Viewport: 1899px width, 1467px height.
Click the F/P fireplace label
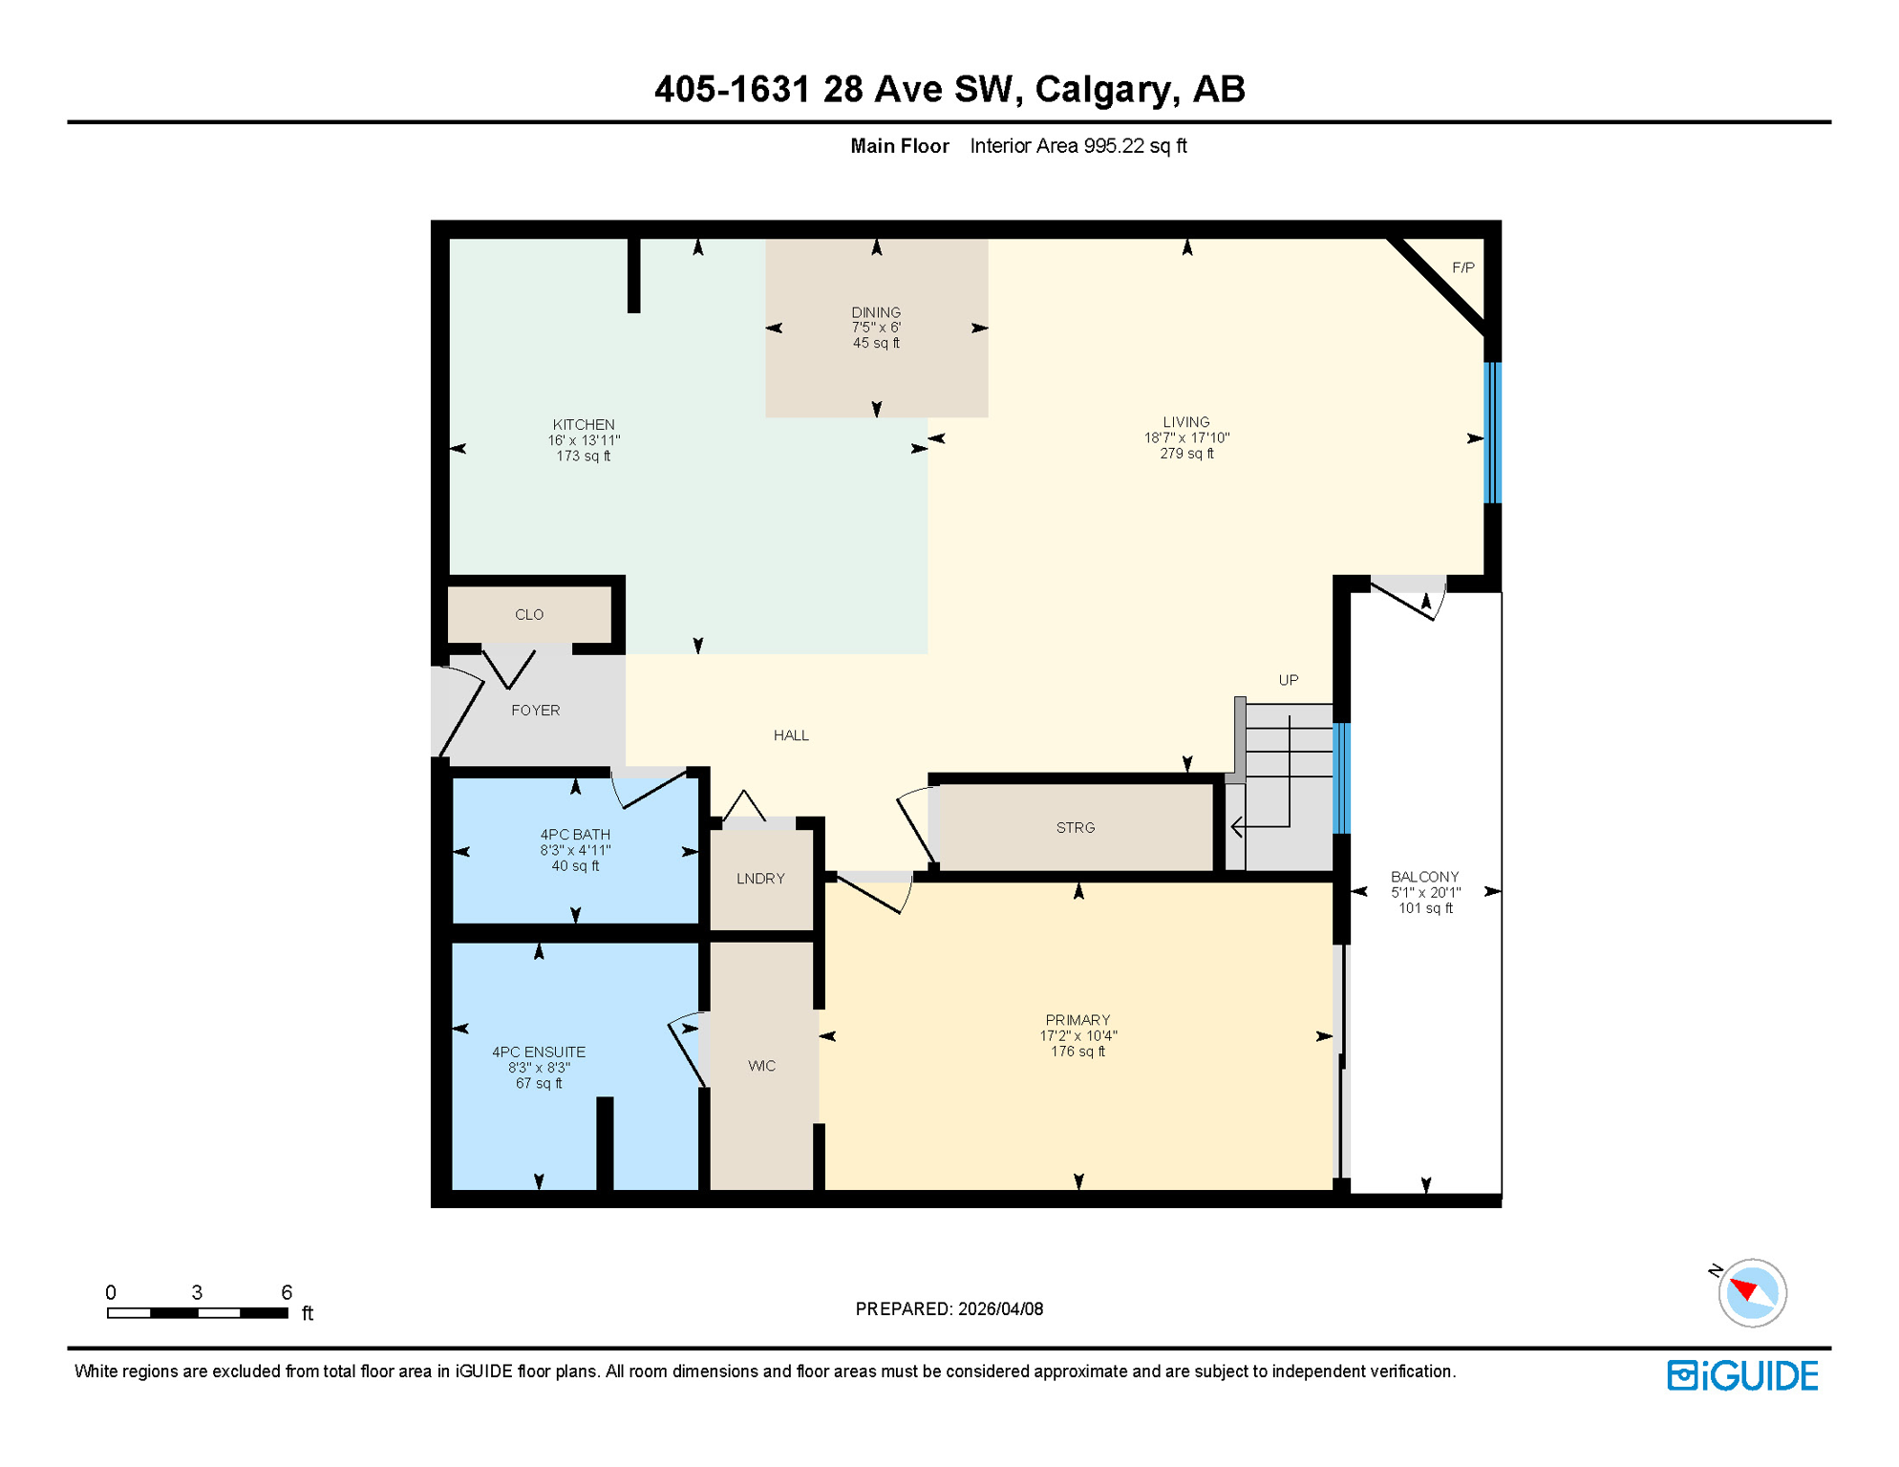(1462, 267)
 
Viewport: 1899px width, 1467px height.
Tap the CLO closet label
(529, 615)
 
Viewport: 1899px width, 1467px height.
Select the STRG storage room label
(1076, 828)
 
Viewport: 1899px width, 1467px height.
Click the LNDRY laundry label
(760, 879)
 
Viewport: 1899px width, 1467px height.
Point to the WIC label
(761, 1066)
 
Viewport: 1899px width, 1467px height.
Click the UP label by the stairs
(1289, 680)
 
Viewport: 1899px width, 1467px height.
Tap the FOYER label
(535, 711)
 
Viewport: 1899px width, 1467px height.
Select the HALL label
(791, 735)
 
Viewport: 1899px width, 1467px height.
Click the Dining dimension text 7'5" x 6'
(876, 328)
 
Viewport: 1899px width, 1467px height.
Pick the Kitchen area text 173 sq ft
(584, 457)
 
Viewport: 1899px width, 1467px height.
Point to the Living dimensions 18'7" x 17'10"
(1186, 438)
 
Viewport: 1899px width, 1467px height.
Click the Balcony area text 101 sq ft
(1425, 908)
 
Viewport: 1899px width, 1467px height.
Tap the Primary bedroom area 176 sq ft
(1078, 1052)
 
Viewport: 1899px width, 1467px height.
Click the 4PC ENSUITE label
(539, 1052)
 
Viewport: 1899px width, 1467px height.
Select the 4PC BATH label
(575, 835)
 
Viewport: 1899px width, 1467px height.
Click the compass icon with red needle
(1751, 1293)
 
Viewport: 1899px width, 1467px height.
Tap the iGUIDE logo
(1742, 1375)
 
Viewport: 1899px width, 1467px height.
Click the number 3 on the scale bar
(197, 1292)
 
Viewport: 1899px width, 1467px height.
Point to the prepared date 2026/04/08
(1000, 1309)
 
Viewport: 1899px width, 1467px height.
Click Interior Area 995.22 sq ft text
(1078, 146)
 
